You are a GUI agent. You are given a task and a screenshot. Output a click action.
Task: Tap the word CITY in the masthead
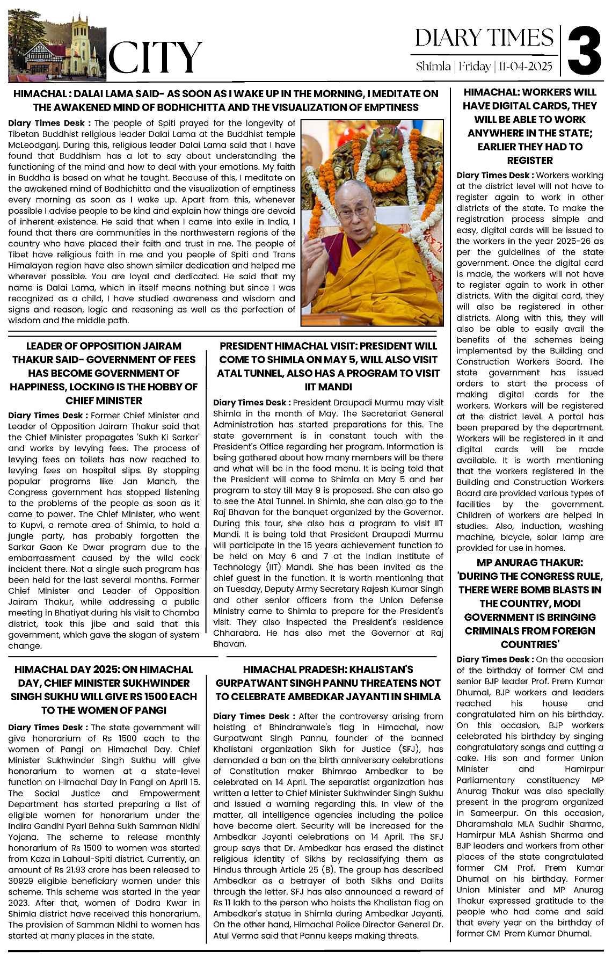[x=155, y=57]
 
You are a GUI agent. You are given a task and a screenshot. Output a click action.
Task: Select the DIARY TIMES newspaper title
[x=484, y=38]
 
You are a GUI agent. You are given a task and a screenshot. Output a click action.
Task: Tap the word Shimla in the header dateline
[x=433, y=67]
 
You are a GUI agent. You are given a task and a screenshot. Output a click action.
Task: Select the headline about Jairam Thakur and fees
[x=104, y=373]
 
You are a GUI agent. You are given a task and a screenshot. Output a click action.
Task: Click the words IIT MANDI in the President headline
[x=328, y=387]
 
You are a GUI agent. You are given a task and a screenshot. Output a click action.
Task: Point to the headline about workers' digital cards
[x=530, y=126]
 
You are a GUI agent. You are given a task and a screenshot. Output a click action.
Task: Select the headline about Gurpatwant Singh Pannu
[x=328, y=683]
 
